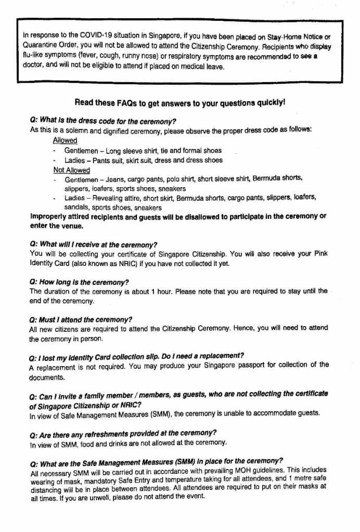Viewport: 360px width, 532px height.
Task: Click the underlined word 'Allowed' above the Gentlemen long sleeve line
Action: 65,140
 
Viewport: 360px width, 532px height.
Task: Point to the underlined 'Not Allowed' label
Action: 72,170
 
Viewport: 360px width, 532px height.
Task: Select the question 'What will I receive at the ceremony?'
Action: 93,244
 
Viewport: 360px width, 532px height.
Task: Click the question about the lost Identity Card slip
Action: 136,356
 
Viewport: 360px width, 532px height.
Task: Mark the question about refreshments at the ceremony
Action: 123,433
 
